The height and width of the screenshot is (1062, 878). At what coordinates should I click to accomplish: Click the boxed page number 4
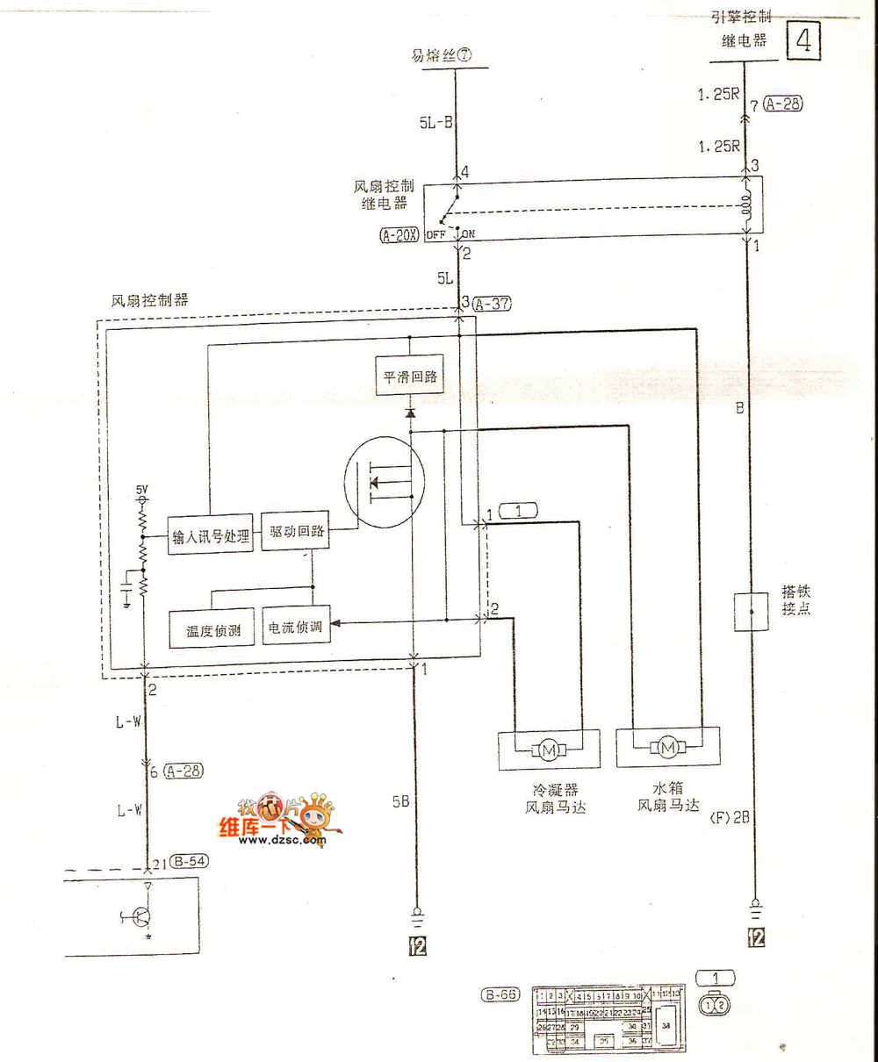point(803,40)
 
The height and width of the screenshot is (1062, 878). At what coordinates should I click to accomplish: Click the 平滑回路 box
point(410,377)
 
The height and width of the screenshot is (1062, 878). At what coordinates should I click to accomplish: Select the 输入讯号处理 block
point(211,535)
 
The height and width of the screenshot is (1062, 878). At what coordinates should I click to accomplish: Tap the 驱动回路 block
point(297,532)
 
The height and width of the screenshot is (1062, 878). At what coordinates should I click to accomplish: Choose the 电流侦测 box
point(296,628)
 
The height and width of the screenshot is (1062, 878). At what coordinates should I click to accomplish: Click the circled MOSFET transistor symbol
point(385,483)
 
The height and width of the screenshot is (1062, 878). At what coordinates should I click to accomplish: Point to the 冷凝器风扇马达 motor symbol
point(550,749)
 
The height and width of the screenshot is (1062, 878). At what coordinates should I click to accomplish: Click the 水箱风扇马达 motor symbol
point(668,748)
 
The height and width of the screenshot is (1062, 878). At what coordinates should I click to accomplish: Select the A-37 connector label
point(492,304)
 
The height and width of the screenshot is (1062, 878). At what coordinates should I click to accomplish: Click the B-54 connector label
point(190,861)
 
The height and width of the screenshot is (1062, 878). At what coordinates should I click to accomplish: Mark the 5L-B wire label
point(435,123)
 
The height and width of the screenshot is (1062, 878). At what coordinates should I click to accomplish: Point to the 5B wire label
point(400,800)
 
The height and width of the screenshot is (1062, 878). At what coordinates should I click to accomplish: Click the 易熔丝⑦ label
point(442,54)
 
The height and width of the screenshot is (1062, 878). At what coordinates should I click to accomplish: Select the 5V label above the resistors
point(142,488)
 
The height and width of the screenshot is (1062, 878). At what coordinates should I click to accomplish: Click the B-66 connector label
point(500,994)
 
